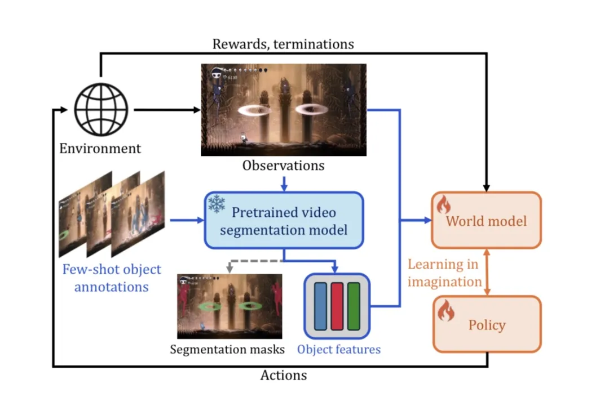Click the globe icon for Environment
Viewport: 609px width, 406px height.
point(101,109)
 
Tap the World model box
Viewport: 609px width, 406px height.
point(486,220)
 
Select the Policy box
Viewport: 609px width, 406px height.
point(487,324)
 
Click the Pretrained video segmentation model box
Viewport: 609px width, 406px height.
point(283,220)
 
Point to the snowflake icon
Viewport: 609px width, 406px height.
point(217,204)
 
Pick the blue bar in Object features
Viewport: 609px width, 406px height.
point(320,306)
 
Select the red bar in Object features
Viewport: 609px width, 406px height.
point(337,306)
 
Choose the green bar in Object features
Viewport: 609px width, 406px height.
point(354,306)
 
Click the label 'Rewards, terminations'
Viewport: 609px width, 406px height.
point(283,44)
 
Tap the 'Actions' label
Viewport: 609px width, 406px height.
point(284,375)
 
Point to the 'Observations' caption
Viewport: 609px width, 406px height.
point(284,166)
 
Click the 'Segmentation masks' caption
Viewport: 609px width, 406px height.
point(227,349)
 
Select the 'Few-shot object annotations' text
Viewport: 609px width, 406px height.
point(112,278)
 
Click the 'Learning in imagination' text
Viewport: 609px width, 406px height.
point(444,273)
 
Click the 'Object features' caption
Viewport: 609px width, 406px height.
point(339,349)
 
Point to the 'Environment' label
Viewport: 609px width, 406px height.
point(100,149)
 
